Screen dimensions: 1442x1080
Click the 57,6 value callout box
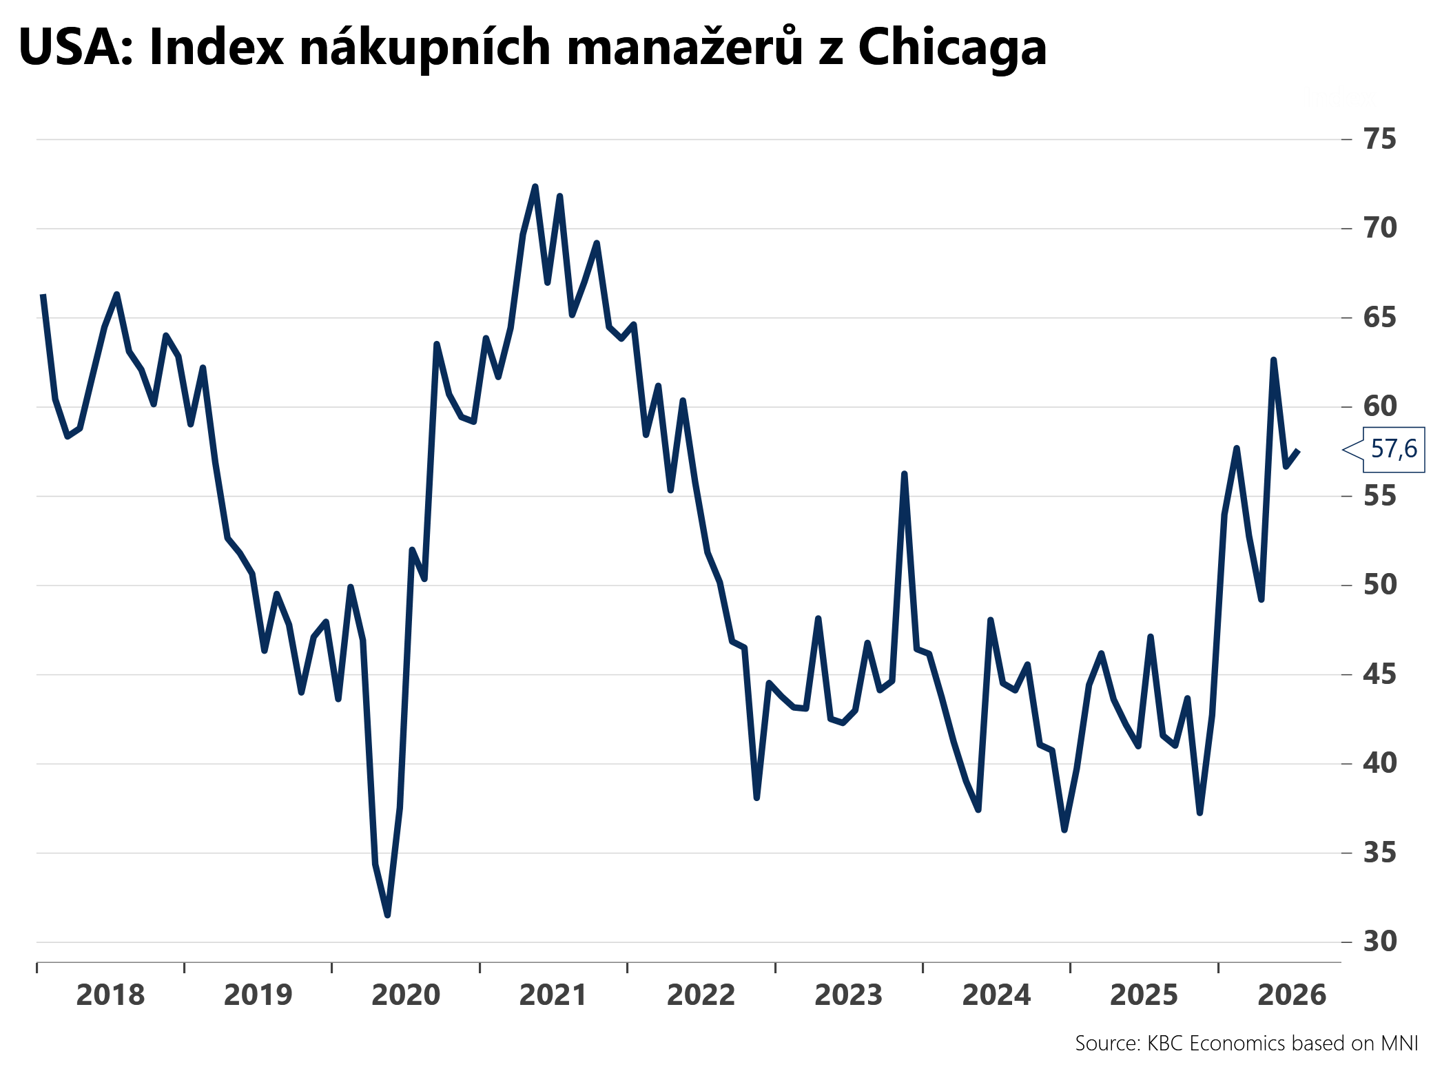pos(1393,449)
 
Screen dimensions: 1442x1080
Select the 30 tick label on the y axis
pos(1380,942)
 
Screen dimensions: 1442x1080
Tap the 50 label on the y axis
pos(1380,585)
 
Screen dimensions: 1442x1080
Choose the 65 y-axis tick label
pos(1380,318)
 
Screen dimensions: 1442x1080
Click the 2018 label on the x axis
pos(110,995)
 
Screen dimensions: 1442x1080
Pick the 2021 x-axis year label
pos(553,995)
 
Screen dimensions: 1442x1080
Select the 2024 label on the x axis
pos(996,995)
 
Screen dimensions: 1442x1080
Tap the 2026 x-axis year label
pos(1292,995)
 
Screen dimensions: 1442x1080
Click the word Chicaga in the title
pos(952,49)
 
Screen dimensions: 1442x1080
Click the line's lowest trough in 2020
pos(387,915)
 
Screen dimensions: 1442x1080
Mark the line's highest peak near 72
pos(535,187)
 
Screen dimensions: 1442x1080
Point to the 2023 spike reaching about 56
pos(904,474)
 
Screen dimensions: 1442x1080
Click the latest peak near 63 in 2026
pos(1273,360)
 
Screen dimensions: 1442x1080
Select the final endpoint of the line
pos(1298,450)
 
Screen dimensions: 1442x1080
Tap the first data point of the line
pos(43,295)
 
